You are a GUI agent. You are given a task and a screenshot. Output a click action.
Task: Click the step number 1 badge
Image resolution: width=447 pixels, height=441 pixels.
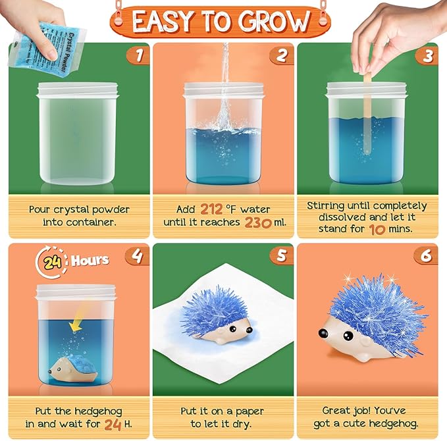pos(138,55)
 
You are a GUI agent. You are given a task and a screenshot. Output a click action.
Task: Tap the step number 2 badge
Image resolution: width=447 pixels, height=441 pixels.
pos(282,55)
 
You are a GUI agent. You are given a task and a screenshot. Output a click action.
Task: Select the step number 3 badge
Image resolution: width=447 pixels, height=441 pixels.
pos(427,55)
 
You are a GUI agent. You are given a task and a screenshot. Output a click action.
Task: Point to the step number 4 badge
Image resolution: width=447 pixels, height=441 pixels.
pos(138,254)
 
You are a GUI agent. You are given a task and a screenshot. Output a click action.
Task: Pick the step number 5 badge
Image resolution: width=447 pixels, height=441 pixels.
pos(282,254)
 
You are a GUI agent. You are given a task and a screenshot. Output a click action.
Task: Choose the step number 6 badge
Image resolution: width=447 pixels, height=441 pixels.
pos(427,254)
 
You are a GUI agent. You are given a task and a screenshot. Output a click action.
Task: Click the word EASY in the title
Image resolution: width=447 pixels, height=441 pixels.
pos(170,22)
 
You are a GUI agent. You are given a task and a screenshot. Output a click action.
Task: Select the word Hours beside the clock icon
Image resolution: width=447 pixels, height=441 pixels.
pos(90,260)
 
